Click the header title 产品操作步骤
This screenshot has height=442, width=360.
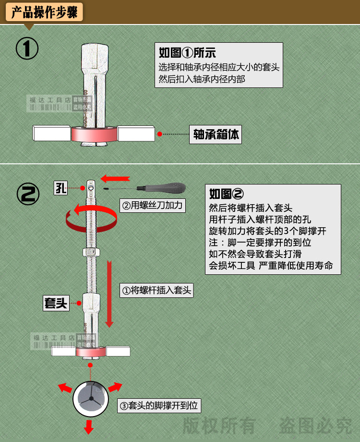(44, 12)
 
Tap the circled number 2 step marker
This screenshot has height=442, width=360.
(28, 194)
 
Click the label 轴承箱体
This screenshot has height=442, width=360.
(216, 135)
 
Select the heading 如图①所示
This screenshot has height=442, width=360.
(187, 53)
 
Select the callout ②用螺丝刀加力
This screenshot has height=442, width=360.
(153, 206)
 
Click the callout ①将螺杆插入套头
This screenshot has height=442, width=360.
(156, 290)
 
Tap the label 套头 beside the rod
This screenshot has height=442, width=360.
(56, 303)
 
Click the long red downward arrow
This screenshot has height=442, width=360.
(109, 293)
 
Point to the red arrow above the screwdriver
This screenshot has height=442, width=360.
(115, 178)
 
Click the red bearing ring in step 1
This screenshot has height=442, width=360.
(94, 134)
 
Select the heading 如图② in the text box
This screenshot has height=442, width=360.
(227, 194)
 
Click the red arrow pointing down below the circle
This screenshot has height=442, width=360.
(89, 425)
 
